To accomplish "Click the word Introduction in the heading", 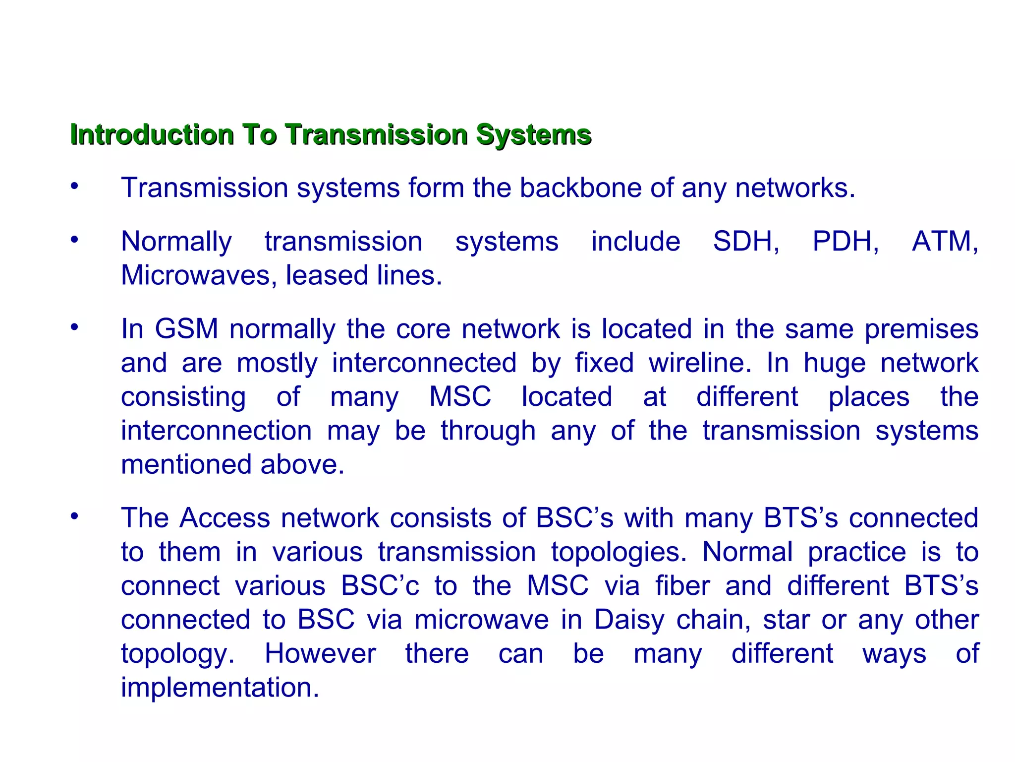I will (152, 134).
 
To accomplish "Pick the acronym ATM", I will (944, 242).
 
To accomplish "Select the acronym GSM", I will (186, 329).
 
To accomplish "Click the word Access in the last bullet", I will (225, 518).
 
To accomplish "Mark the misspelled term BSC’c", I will (380, 586).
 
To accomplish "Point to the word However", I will (320, 654).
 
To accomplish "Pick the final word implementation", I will (220, 688).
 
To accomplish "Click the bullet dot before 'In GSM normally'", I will (74, 327).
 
